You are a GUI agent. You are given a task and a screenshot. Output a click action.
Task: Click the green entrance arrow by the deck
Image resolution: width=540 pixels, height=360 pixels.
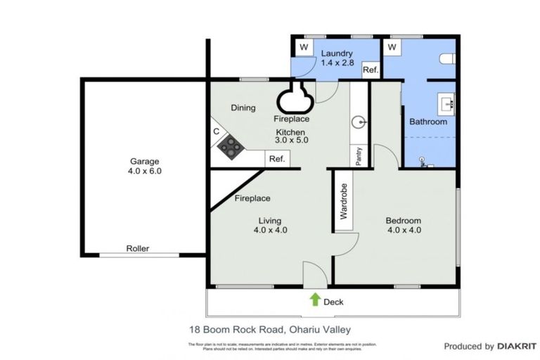(x=314, y=300)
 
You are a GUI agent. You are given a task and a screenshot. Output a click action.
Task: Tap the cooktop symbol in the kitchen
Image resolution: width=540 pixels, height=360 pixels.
(x=229, y=146)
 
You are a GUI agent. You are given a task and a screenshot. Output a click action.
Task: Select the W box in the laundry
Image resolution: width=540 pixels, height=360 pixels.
(x=304, y=47)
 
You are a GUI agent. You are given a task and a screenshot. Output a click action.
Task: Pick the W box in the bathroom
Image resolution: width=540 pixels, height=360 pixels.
(x=392, y=47)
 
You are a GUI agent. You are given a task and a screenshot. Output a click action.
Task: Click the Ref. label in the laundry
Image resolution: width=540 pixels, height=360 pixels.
(x=371, y=70)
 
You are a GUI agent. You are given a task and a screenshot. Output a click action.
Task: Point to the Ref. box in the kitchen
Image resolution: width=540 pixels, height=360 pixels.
(x=276, y=160)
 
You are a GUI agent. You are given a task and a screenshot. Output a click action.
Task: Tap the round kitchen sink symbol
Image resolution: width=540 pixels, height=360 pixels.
(x=359, y=121)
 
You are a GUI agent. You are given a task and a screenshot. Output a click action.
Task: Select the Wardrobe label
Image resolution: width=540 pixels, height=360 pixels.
(x=344, y=202)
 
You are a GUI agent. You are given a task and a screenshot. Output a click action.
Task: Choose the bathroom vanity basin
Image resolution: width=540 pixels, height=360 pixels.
(x=446, y=104)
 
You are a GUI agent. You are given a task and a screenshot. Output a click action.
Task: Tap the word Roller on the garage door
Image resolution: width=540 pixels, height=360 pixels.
(x=137, y=249)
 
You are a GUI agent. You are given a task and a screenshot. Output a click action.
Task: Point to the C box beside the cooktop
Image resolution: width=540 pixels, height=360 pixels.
(x=217, y=131)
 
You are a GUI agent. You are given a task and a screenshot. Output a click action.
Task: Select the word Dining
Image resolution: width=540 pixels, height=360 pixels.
(x=243, y=108)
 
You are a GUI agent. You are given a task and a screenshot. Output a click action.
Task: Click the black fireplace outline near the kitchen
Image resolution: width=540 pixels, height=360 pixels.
(x=295, y=98)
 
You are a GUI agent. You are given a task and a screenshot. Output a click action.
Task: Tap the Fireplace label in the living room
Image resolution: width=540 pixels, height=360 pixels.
(x=252, y=198)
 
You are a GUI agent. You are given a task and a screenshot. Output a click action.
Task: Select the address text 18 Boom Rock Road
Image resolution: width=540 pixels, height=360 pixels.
(x=236, y=328)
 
